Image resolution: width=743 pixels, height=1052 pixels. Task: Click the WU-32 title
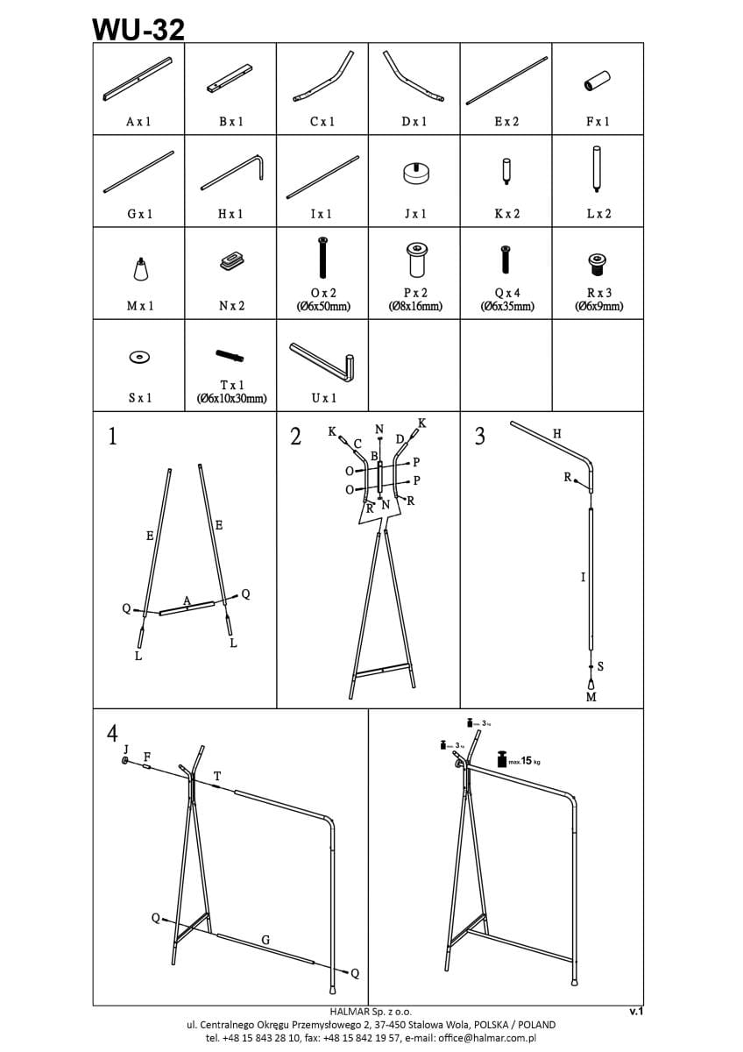click(138, 30)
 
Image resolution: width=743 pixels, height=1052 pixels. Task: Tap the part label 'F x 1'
click(598, 121)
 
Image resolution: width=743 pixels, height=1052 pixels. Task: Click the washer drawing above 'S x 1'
click(138, 357)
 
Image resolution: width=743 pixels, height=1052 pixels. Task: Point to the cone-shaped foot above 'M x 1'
click(139, 269)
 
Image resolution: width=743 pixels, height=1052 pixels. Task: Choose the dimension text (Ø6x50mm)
click(322, 306)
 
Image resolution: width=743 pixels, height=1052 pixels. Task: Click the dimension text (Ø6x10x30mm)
click(231, 399)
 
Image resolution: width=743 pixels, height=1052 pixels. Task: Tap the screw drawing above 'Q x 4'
click(506, 259)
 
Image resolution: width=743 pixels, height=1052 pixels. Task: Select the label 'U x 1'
click(322, 397)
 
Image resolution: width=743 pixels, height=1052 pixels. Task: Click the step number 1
click(112, 437)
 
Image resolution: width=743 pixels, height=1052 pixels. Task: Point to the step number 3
click(479, 437)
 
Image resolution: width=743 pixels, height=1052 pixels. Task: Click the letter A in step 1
click(187, 601)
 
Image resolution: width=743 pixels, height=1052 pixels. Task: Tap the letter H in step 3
click(557, 434)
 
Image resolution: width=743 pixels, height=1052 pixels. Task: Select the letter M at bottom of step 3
click(591, 697)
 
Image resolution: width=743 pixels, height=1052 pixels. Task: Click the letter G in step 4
click(265, 940)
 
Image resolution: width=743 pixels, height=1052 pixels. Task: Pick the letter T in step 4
click(217, 776)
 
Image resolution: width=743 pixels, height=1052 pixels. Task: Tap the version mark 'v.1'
click(636, 1011)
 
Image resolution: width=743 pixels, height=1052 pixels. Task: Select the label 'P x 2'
click(414, 293)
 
